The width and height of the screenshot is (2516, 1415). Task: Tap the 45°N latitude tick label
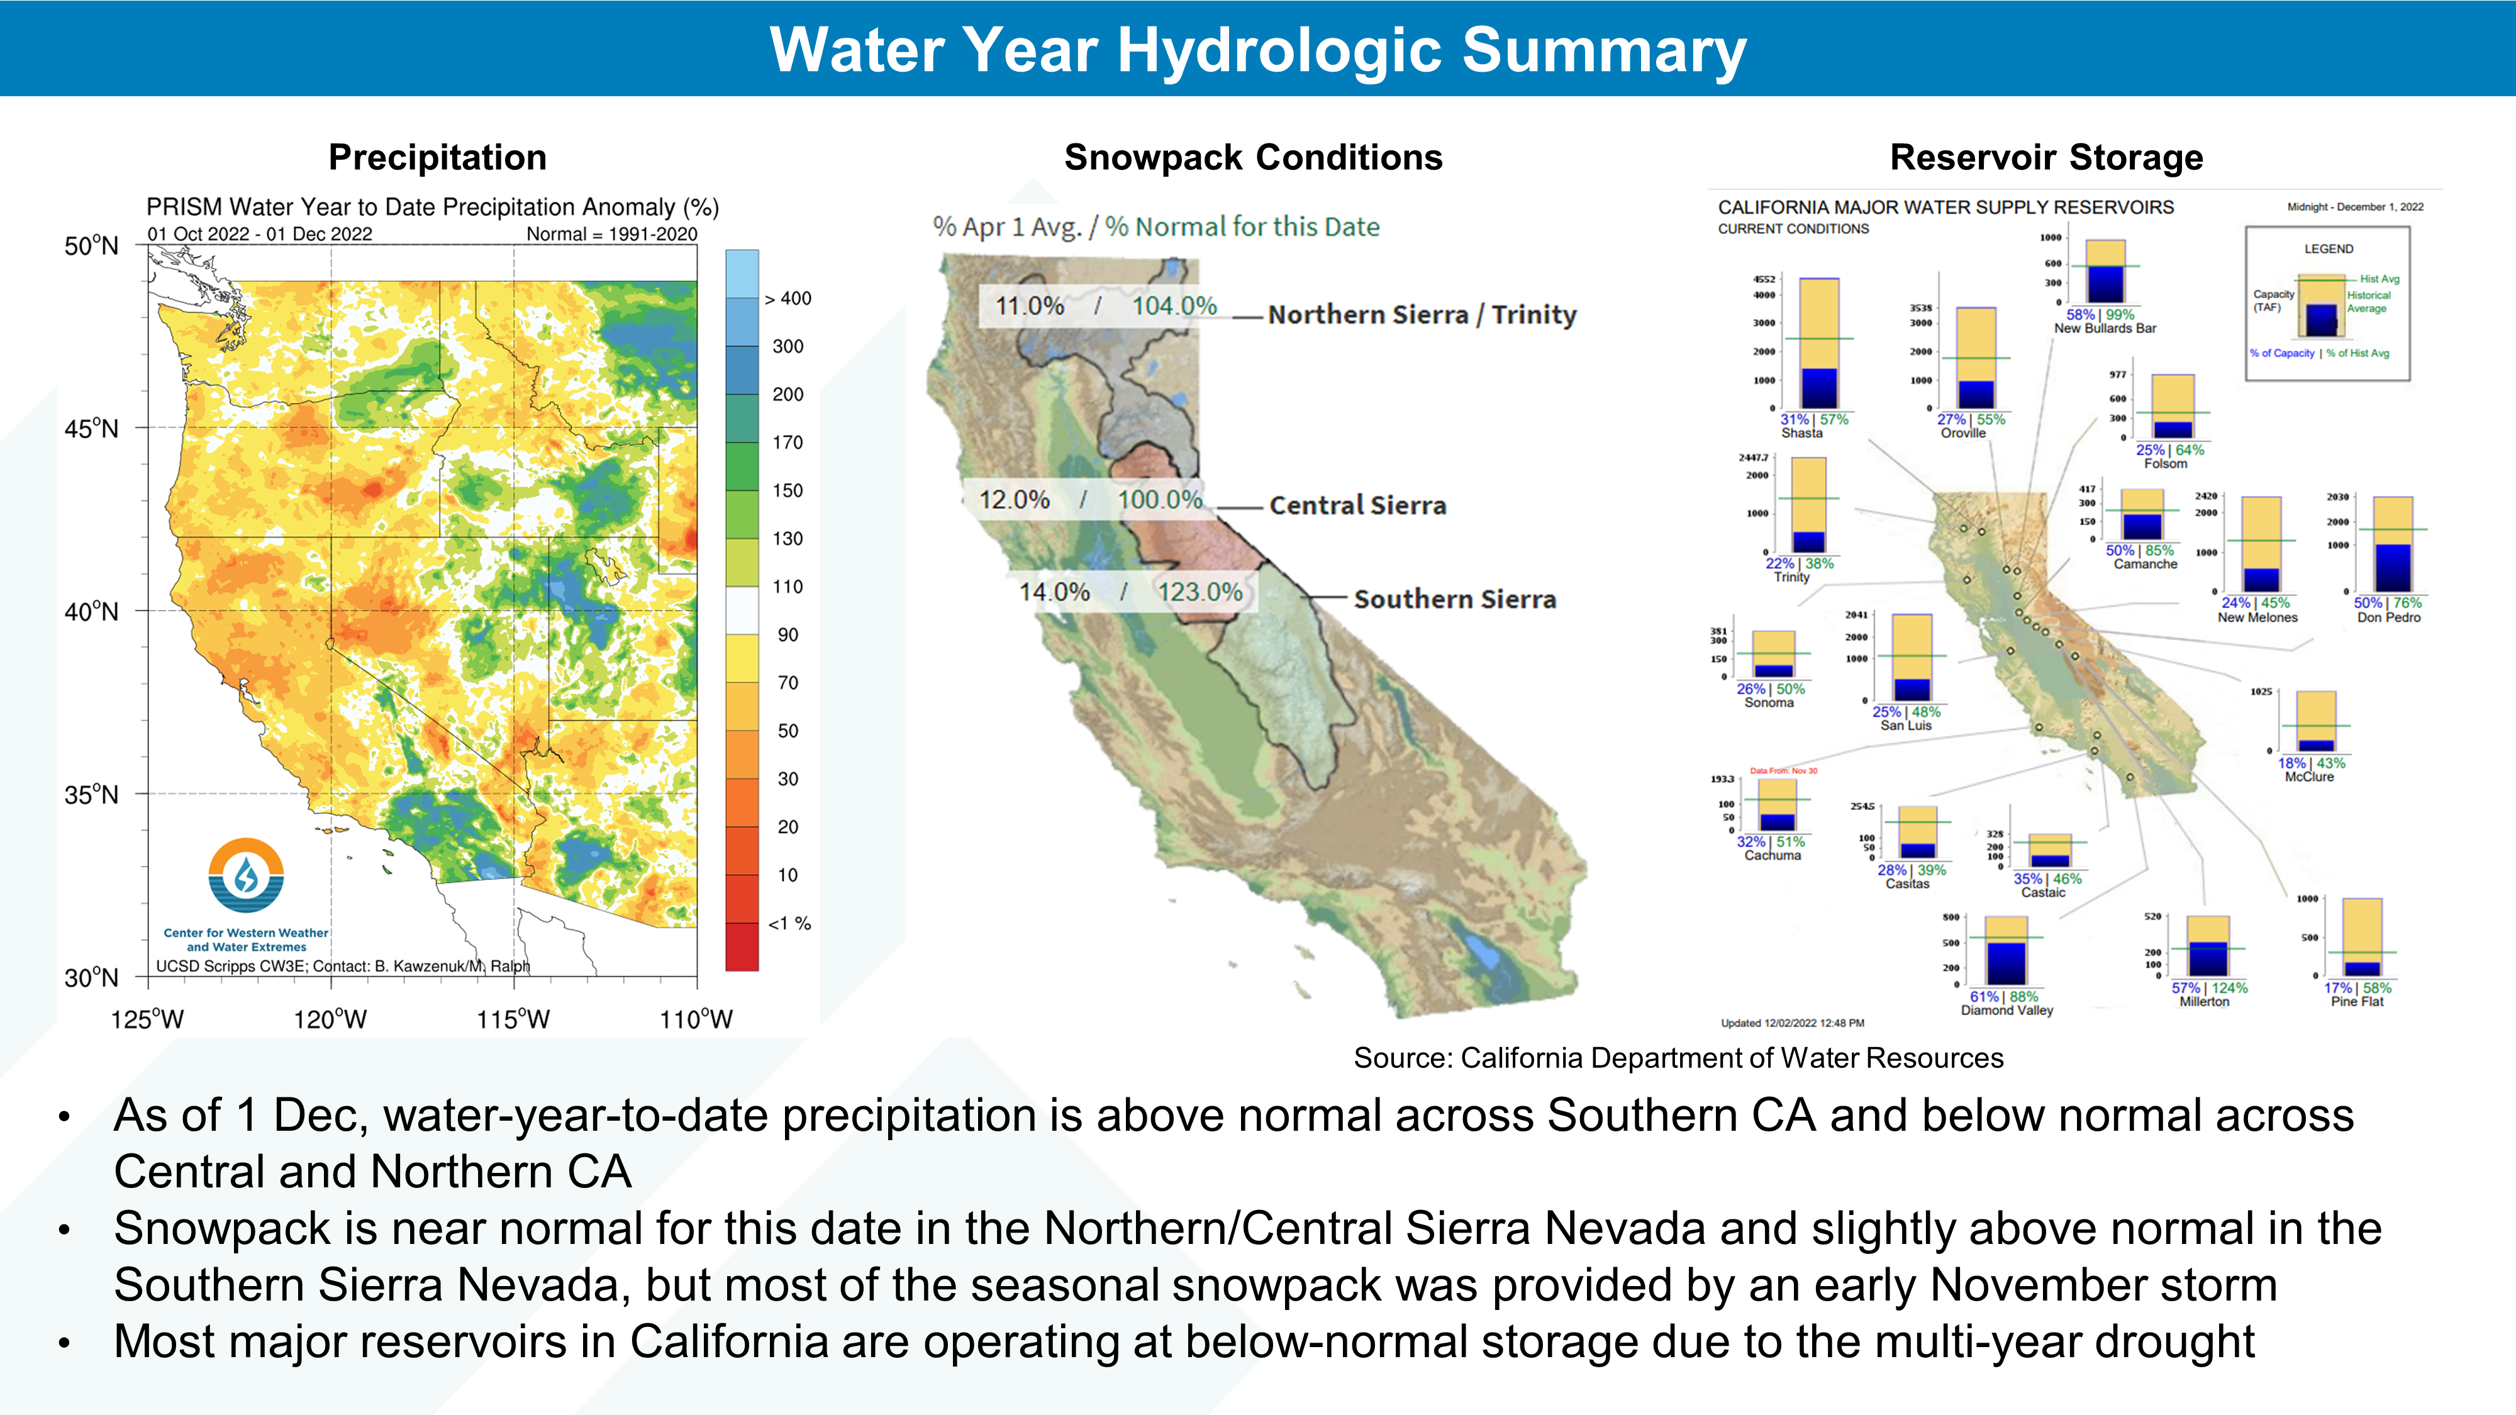(91, 429)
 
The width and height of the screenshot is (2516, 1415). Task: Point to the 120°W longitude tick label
(330, 1019)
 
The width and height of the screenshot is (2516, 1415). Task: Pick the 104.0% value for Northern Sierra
(1174, 306)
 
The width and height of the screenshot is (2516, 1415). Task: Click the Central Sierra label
(1357, 505)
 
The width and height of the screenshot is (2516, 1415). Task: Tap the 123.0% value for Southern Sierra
(1200, 592)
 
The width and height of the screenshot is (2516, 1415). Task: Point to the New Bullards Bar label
(2105, 329)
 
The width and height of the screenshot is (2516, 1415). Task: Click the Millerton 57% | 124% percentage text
(2209, 987)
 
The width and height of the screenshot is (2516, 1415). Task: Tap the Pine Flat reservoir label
(2357, 1002)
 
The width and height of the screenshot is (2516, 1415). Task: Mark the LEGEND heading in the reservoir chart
(2329, 249)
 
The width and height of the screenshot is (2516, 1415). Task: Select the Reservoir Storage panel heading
(2046, 157)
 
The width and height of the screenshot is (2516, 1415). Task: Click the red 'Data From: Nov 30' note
(1783, 770)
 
